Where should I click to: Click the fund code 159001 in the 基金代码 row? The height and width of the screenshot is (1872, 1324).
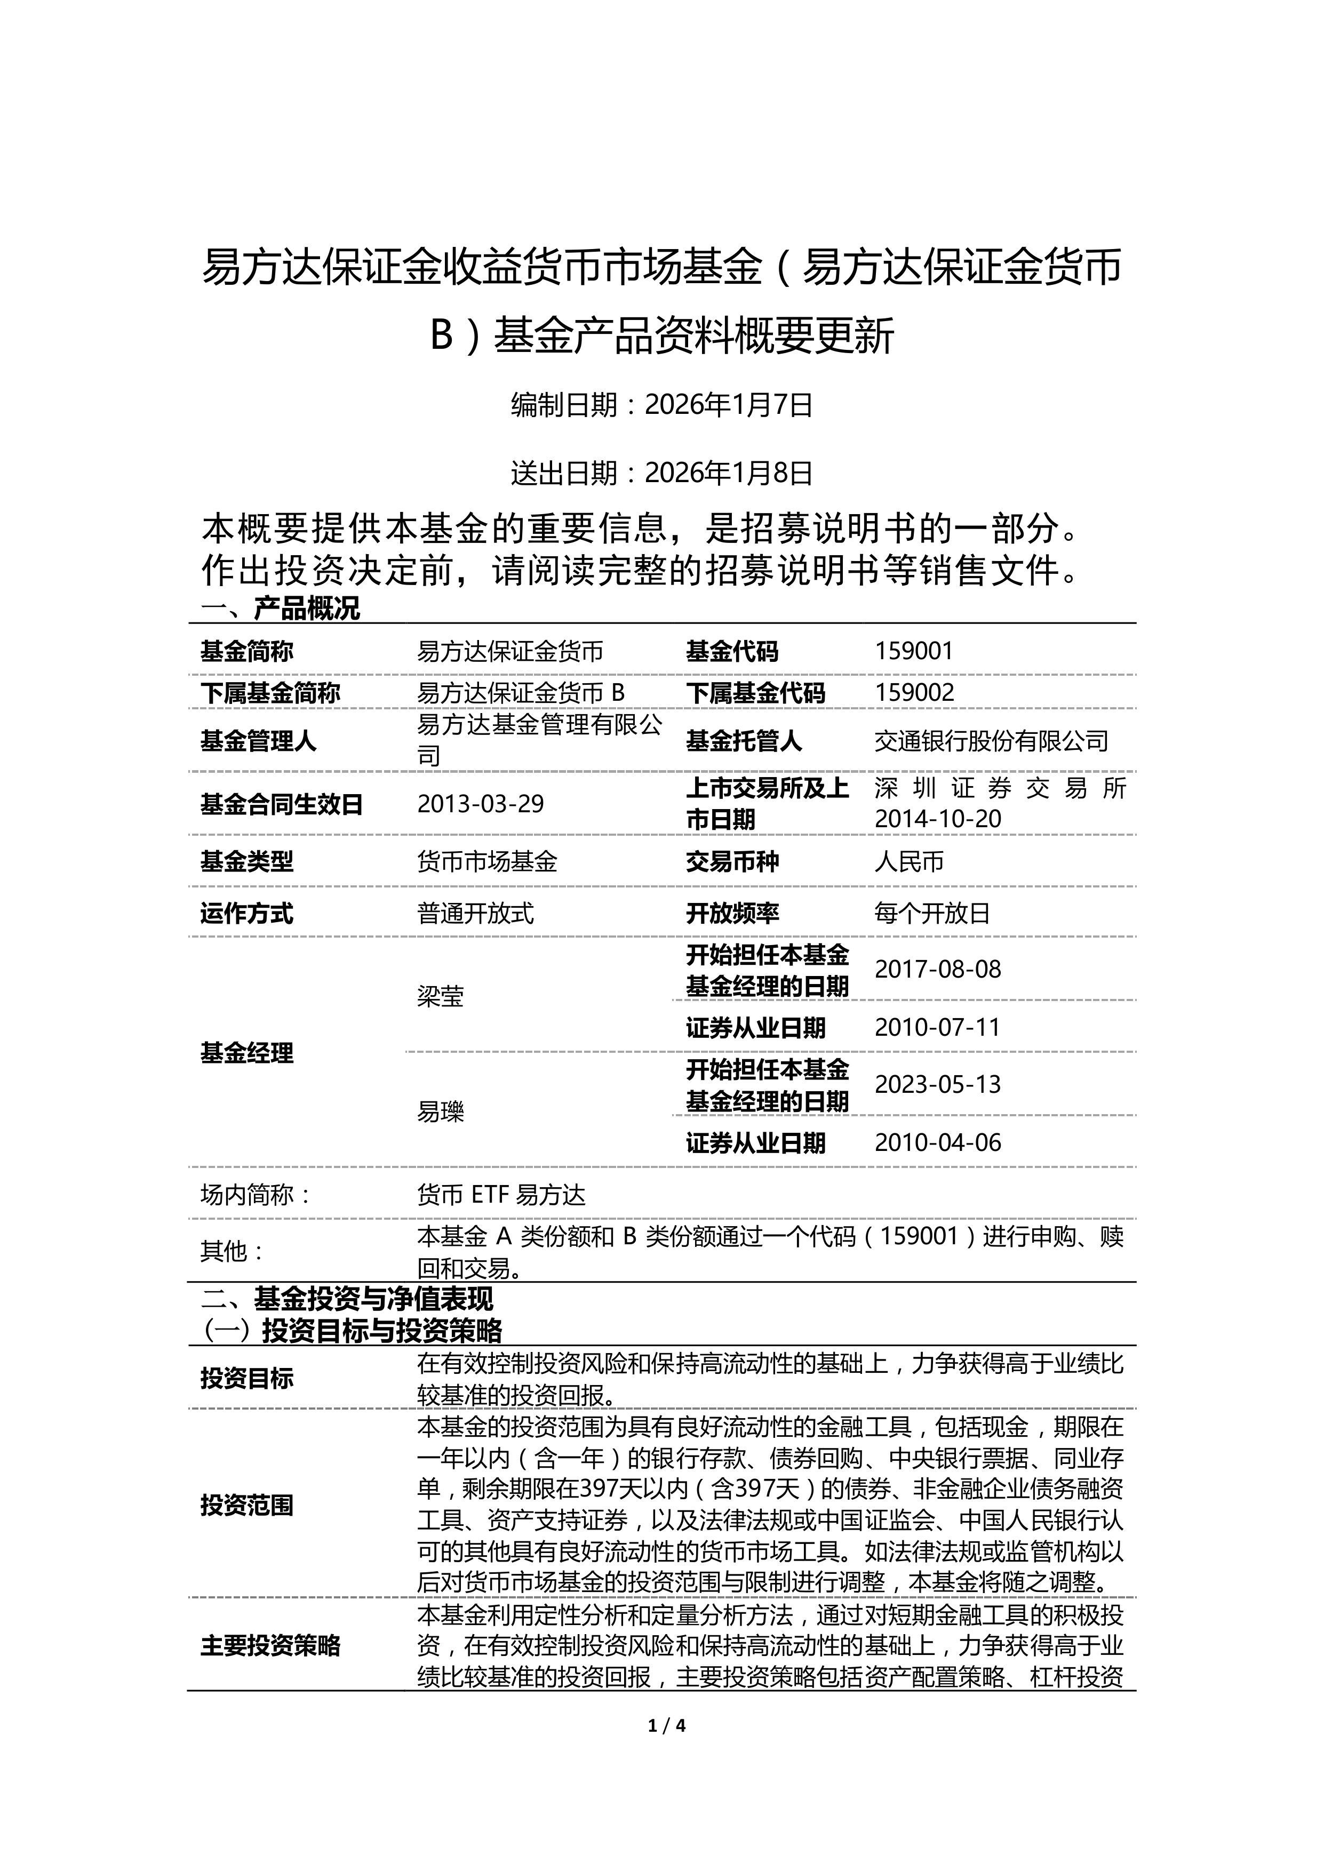pyautogui.click(x=913, y=651)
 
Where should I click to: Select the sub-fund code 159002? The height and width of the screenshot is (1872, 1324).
pyautogui.click(x=913, y=692)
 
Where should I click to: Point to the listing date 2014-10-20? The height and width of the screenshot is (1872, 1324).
pyautogui.click(x=938, y=819)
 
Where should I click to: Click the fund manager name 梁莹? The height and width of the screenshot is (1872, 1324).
pyautogui.click(x=440, y=996)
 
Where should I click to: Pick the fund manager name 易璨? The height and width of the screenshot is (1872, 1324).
pyautogui.click(x=440, y=1111)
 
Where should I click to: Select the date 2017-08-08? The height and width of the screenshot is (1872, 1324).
pyautogui.click(x=938, y=970)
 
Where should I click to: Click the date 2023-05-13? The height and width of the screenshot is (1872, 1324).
pyautogui.click(x=938, y=1084)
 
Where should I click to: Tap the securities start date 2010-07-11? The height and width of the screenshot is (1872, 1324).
pyautogui.click(x=938, y=1027)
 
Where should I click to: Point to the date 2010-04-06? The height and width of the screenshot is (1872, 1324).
pyautogui.click(x=938, y=1142)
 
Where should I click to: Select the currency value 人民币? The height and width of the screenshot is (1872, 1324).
pyautogui.click(x=909, y=862)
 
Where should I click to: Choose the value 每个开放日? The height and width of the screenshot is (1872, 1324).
pyautogui.click(x=932, y=913)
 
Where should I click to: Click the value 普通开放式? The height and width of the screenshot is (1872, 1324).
pyautogui.click(x=475, y=913)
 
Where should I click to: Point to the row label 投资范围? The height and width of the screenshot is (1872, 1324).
pyautogui.click(x=247, y=1505)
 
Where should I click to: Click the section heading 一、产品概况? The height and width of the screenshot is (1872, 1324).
pyautogui.click(x=280, y=608)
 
